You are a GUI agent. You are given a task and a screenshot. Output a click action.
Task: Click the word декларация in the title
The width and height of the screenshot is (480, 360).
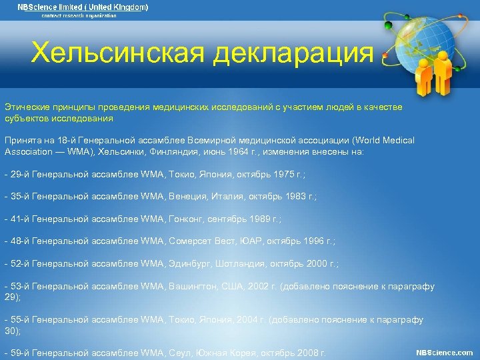tap(293, 53)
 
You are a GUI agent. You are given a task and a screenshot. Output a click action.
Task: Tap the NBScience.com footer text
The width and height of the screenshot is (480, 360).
tap(444, 352)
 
